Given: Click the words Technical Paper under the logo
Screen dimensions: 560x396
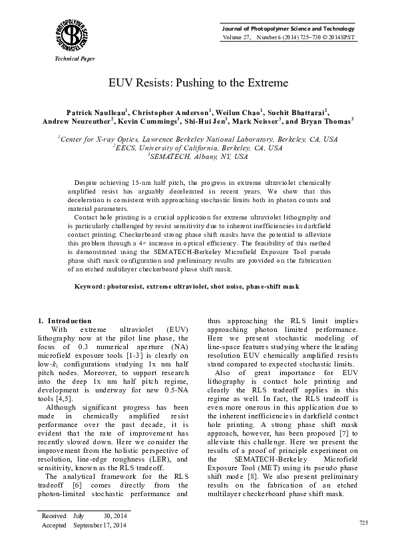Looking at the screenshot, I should click(61, 59).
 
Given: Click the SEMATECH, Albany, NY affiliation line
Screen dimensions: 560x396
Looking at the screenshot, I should click(198, 157).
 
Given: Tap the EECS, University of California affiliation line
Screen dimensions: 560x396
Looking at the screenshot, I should click(198, 148).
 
